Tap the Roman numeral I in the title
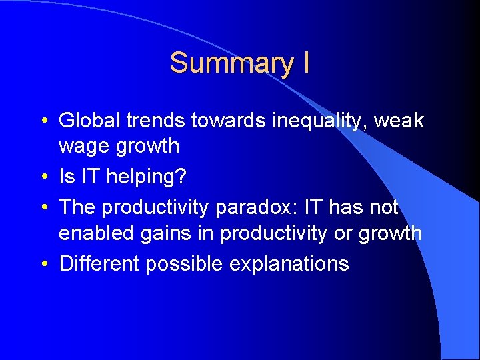click(x=305, y=63)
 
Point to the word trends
click(x=155, y=121)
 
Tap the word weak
click(x=399, y=121)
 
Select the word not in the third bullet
click(x=383, y=207)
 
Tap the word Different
click(x=99, y=263)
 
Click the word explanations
click(x=289, y=265)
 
